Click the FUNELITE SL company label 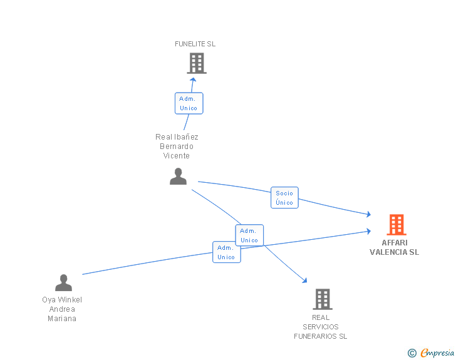click(195, 44)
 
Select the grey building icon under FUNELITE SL click(197, 63)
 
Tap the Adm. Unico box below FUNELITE click(189, 103)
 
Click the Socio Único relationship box click(284, 197)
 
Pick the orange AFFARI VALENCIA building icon click(396, 225)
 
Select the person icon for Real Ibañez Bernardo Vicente click(178, 176)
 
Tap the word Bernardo click(177, 147)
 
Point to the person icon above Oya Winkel click(63, 282)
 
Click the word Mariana click(62, 319)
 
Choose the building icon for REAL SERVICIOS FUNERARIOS click(323, 299)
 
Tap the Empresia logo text click(437, 353)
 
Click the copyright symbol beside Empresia click(412, 353)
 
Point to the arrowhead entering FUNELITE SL click(193, 80)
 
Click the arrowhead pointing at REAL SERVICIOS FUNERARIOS click(304, 280)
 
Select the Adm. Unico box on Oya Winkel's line click(227, 252)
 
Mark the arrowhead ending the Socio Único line click(369, 214)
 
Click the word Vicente click(176, 156)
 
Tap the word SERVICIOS click(321, 327)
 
